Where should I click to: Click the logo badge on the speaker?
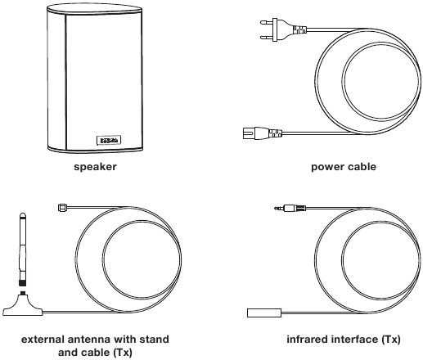coord(109,140)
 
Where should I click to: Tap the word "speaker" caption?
coord(95,167)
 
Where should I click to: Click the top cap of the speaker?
coord(94,9)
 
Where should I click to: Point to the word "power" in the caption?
coord(326,167)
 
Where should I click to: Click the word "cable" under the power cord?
coord(361,166)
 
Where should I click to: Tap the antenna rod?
coord(23,249)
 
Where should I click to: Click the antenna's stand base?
coord(23,305)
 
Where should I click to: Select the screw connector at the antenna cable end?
coord(62,208)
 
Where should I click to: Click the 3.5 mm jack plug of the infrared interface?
coord(290,209)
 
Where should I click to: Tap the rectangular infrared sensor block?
coord(264,313)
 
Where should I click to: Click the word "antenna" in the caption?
coord(89,340)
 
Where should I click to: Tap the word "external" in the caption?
coord(43,340)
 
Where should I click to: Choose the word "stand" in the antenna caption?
coord(154,340)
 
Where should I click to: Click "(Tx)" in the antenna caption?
coord(123,353)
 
